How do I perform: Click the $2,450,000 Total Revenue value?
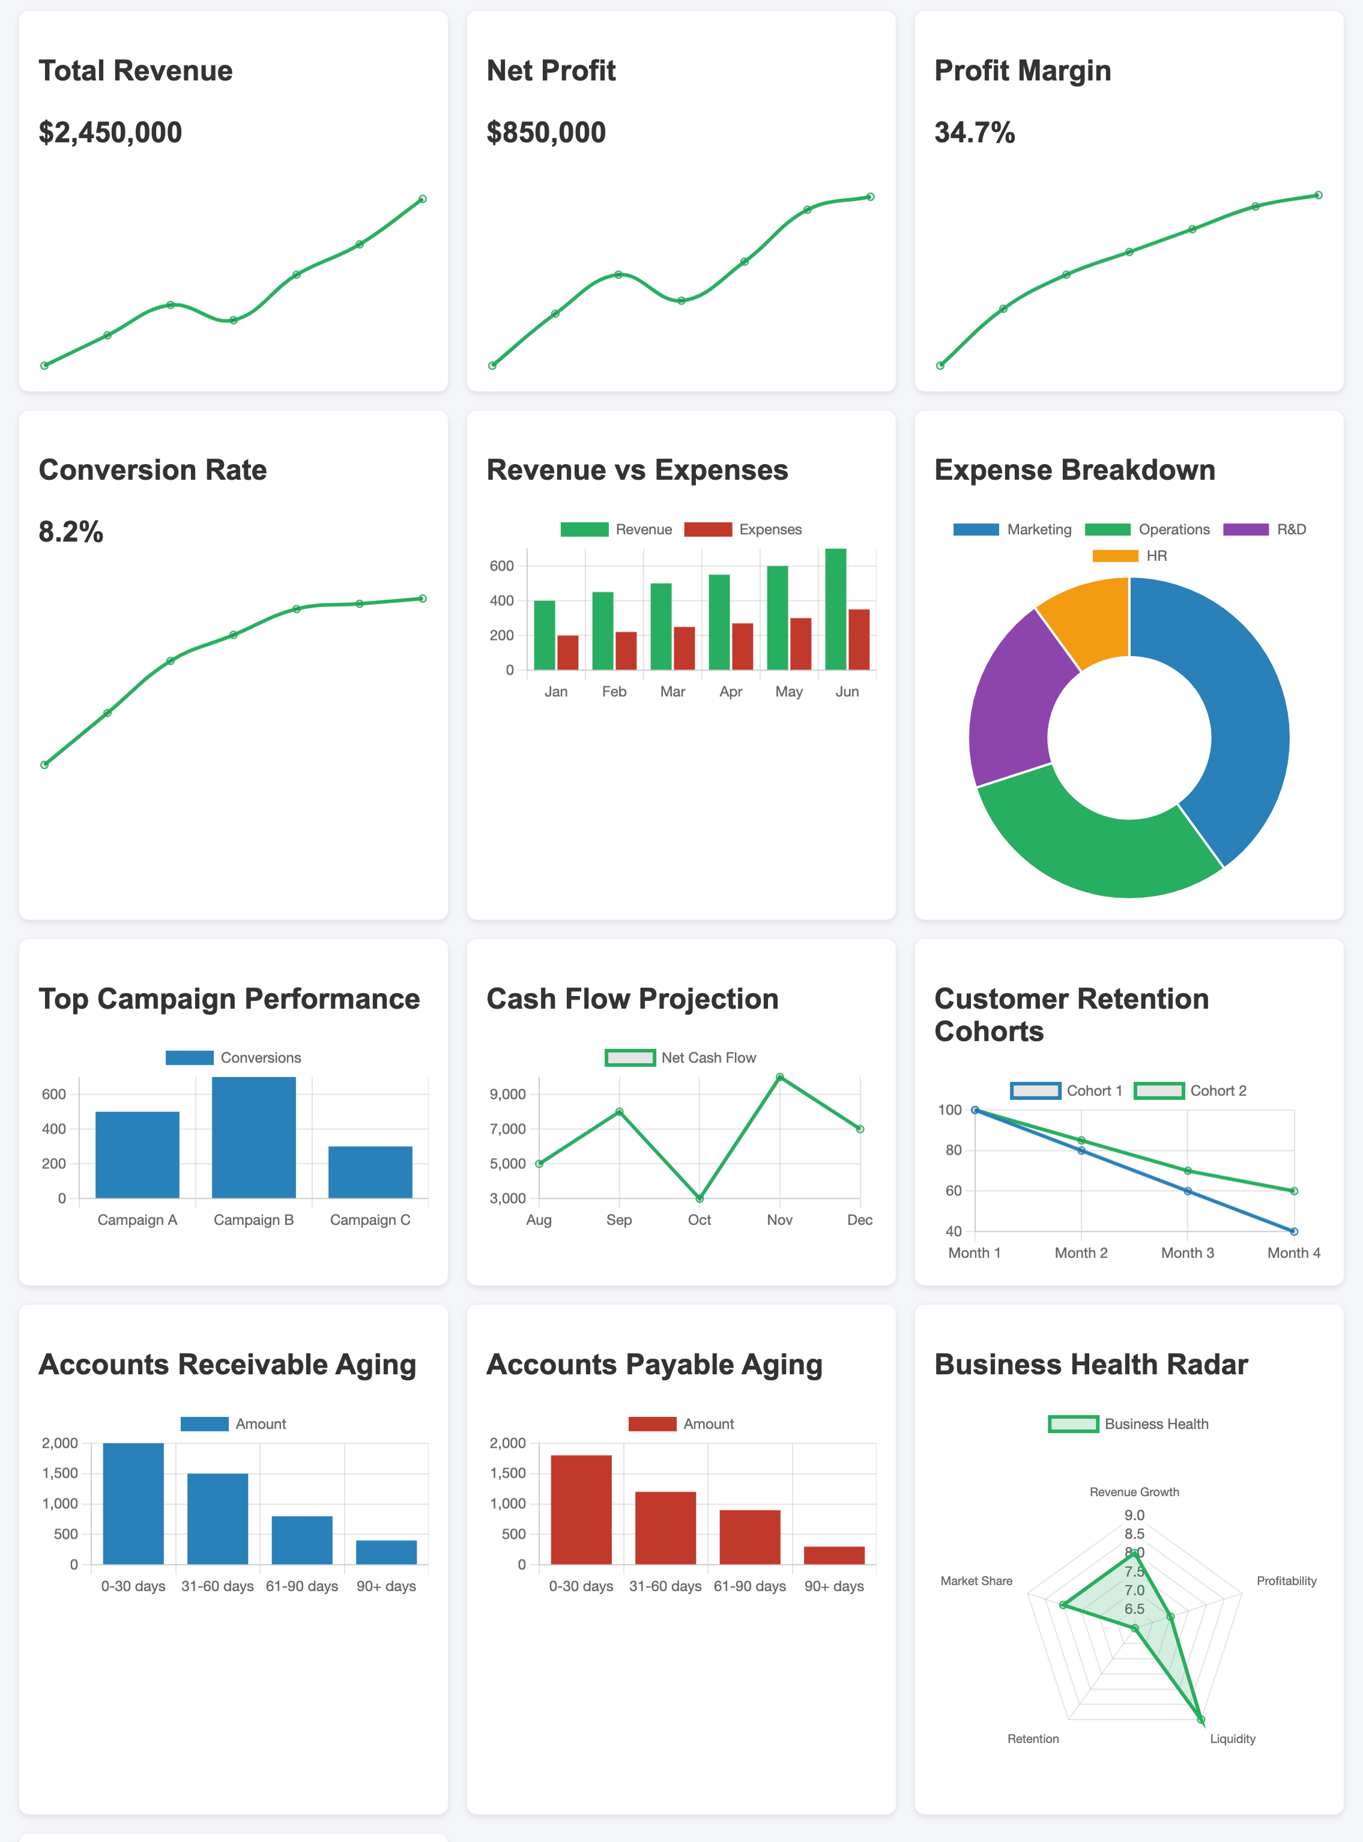[110, 132]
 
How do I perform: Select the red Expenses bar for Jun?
[859, 639]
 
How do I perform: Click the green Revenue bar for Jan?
[545, 635]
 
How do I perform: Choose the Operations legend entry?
[1147, 530]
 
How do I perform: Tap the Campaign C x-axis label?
[370, 1219]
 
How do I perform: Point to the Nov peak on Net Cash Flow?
[780, 1077]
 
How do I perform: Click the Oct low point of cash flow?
[700, 1198]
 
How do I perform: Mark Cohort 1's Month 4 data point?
[1294, 1231]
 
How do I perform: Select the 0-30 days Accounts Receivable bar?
[133, 1503]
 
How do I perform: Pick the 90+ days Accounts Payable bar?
[834, 1555]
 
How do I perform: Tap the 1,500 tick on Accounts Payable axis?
[507, 1473]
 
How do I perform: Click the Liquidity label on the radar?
[1233, 1738]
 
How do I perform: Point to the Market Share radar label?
[976, 1580]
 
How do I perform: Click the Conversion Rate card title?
[153, 470]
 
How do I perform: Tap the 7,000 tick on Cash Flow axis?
[507, 1129]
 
